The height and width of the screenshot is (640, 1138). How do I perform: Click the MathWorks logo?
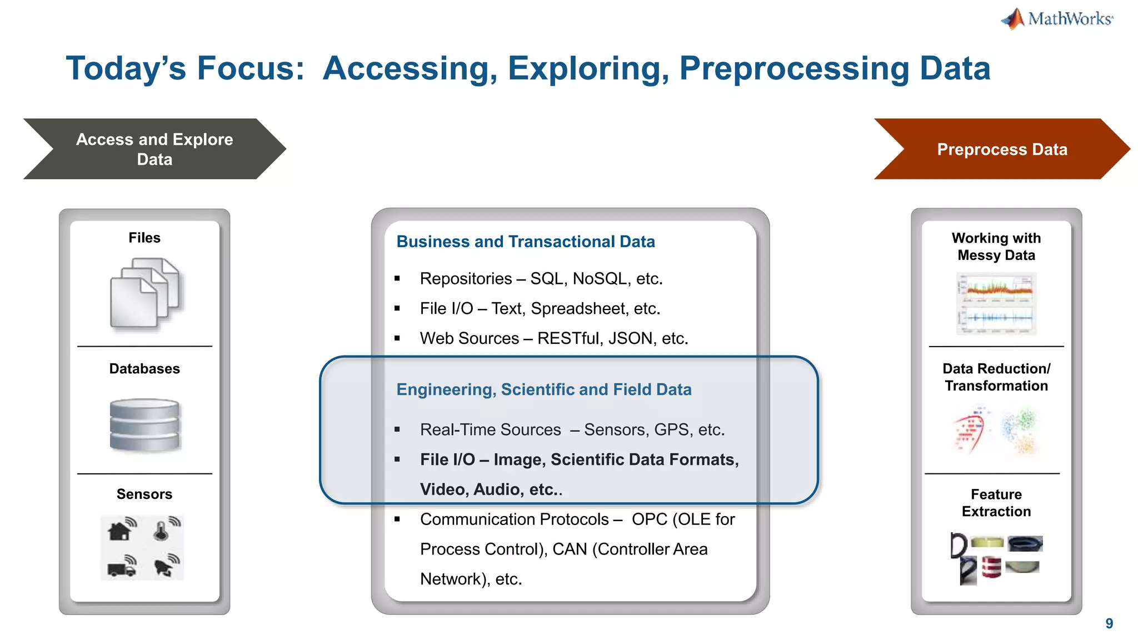pos(1057,19)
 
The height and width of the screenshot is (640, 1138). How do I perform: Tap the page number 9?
pos(1109,623)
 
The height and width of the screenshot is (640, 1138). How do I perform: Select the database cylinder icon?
pos(144,424)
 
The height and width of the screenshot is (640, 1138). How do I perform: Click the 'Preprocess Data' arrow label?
pos(1002,149)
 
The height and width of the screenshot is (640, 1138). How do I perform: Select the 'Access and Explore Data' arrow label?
pos(154,149)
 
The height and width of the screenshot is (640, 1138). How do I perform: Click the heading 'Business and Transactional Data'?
pos(525,242)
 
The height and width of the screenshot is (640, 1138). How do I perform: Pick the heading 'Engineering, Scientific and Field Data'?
pos(543,389)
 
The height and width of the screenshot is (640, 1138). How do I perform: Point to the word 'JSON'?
pos(625,338)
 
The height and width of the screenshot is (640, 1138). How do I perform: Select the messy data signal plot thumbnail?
pos(996,304)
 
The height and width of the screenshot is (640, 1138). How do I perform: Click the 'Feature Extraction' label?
pos(996,503)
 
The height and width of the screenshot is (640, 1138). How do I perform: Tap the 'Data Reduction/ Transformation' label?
pos(996,377)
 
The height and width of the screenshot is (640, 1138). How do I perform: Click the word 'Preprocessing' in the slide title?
pos(794,69)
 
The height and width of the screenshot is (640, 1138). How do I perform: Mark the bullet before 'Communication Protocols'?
pos(397,519)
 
